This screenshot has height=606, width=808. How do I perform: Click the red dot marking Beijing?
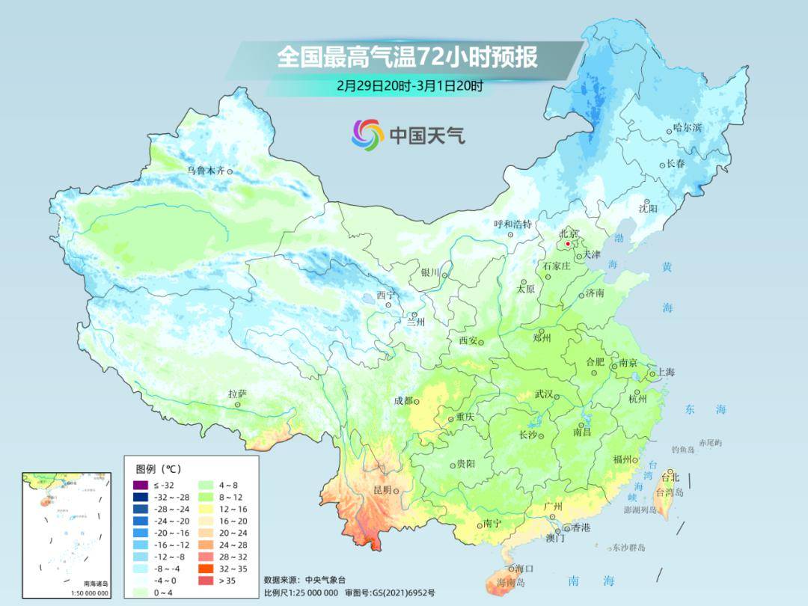568,244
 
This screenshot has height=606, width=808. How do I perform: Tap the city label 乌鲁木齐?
206,171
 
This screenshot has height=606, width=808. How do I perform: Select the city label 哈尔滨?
688,128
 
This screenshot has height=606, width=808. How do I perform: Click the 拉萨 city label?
237,394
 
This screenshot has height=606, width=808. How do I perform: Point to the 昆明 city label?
382,490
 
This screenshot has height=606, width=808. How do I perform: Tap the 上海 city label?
665,372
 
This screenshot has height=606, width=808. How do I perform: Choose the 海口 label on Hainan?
524,569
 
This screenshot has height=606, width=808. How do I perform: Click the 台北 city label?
670,477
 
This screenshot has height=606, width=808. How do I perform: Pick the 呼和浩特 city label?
512,224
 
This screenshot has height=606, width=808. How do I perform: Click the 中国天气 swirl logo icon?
367,135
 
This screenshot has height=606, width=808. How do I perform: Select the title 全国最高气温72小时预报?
407,58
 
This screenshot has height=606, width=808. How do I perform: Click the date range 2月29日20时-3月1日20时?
409,85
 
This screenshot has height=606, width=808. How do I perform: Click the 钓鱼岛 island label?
684,449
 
